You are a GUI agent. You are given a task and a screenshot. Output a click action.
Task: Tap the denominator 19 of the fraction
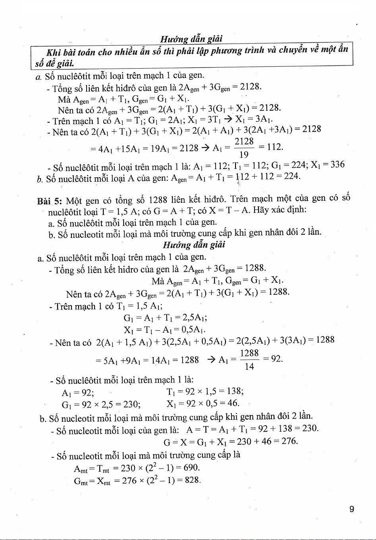point(244,155)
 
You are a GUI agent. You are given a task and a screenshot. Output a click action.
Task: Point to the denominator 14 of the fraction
point(249,366)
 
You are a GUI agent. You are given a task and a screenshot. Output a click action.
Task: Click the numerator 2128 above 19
point(244,142)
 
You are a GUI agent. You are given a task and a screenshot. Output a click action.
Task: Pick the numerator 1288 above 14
point(250,353)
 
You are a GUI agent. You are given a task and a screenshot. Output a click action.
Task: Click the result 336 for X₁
point(337,164)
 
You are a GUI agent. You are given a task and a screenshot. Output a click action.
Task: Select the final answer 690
point(191,468)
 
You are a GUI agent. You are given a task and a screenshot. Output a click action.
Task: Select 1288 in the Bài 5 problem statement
point(159,199)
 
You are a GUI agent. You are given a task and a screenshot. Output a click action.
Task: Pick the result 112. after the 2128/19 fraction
point(275,147)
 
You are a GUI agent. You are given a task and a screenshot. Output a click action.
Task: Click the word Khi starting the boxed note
point(54,52)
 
